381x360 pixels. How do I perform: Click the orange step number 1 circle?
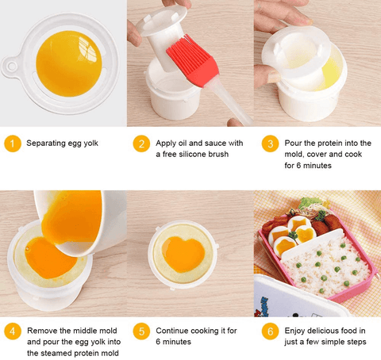[x=13, y=144]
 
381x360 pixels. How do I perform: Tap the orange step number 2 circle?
[x=141, y=144]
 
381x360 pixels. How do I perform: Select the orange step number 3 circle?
[x=270, y=144]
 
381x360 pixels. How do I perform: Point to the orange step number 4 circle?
[x=13, y=331]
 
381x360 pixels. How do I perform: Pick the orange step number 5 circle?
[x=141, y=331]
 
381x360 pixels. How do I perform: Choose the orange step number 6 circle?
[x=270, y=331]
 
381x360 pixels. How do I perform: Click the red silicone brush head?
[x=193, y=61]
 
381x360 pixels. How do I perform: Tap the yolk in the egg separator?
[x=69, y=63]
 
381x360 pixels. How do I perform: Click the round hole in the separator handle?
[x=11, y=66]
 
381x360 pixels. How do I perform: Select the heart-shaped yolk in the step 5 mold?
[x=183, y=254]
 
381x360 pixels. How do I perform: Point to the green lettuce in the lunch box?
[x=308, y=202]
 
